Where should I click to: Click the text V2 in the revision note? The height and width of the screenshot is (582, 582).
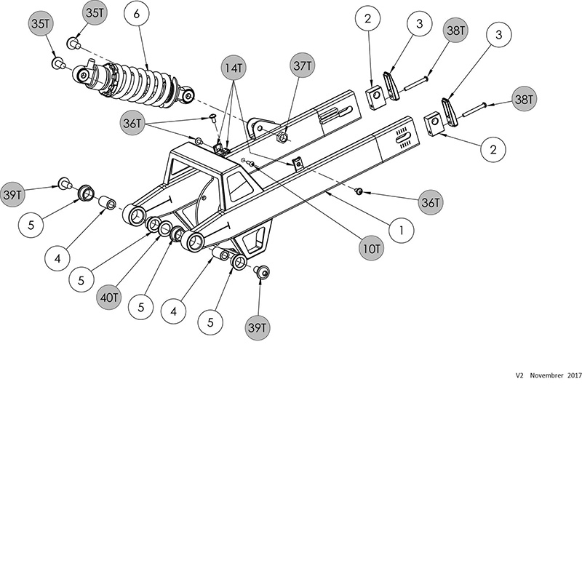pyautogui.click(x=519, y=376)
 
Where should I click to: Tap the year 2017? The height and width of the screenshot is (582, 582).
pyautogui.click(x=574, y=376)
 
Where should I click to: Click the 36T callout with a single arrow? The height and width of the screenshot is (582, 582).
pyautogui.click(x=429, y=202)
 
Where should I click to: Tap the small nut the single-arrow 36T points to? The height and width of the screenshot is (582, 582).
pyautogui.click(x=359, y=191)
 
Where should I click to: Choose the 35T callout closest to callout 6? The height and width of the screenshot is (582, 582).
pyautogui.click(x=95, y=14)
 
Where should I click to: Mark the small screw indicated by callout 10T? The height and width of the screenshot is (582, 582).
pyautogui.click(x=250, y=164)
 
